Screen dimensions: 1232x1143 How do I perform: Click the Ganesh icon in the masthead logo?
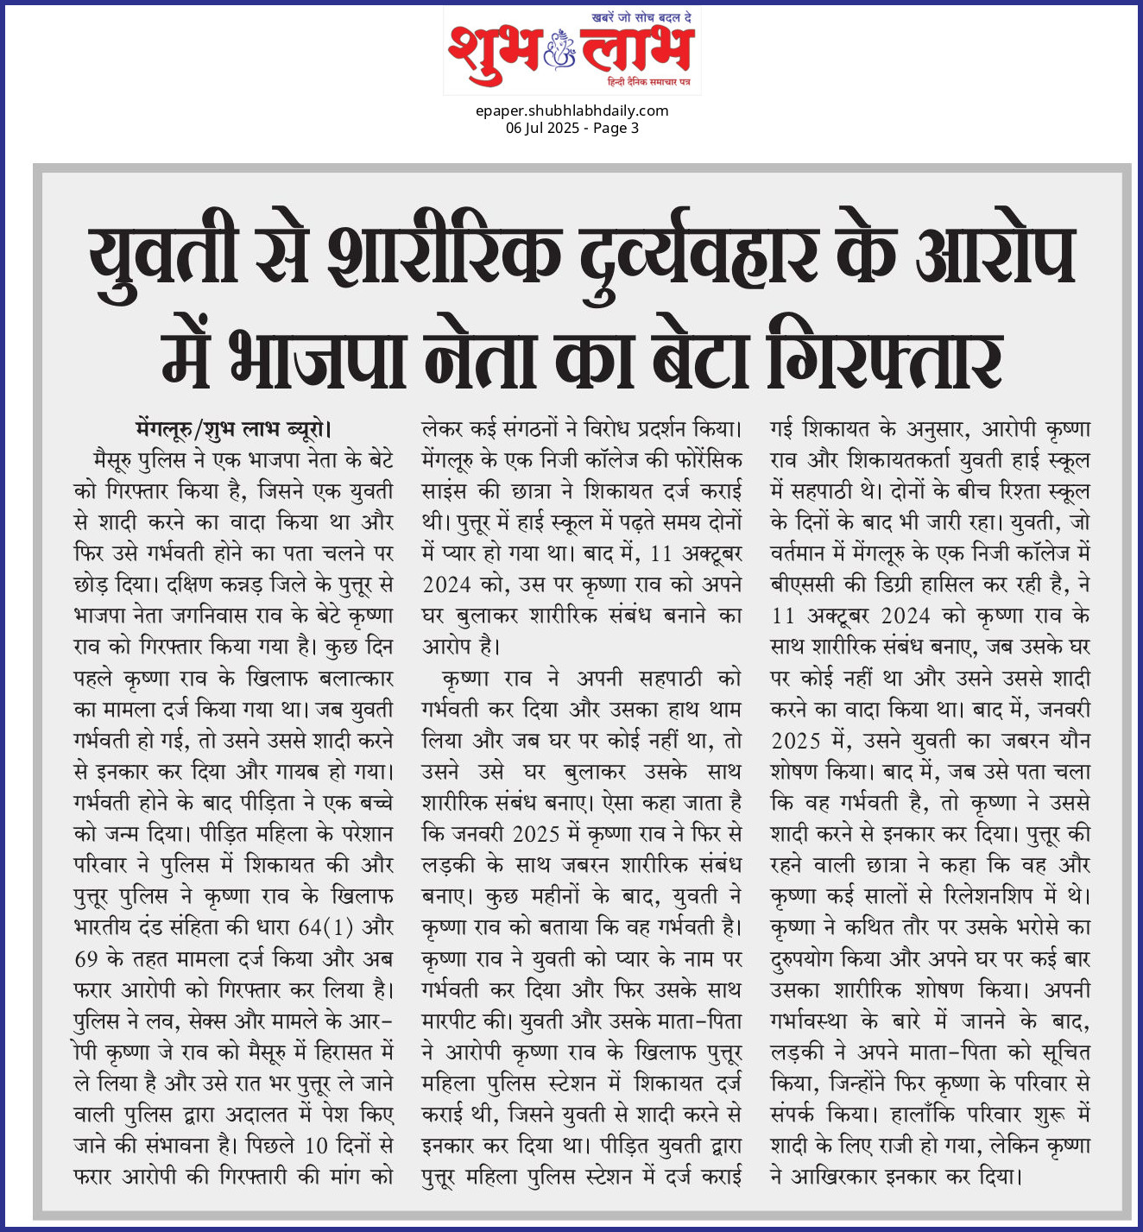[x=560, y=49]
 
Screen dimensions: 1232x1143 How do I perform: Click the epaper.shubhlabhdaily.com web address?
[x=571, y=111]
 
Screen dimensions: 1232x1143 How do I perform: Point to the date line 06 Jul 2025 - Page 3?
[x=571, y=128]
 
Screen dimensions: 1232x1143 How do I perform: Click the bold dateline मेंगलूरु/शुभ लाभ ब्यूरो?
[x=233, y=429]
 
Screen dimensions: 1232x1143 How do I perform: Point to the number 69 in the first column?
[x=85, y=959]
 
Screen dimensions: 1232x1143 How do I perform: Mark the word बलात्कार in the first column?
[x=356, y=678]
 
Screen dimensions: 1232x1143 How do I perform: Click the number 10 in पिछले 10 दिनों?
[x=316, y=1146]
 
